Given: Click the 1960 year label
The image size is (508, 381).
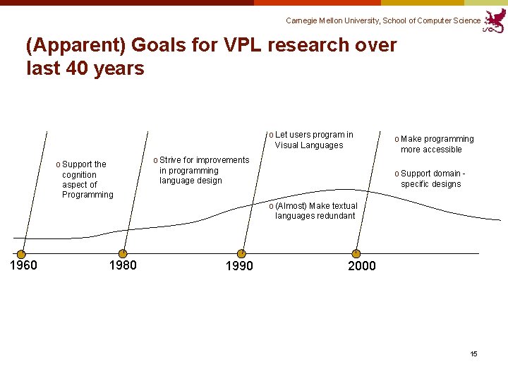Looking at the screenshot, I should pos(23,265).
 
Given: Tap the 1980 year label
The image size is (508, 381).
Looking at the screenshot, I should pos(123,265).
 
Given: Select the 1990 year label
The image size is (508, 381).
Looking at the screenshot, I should pos(238,266).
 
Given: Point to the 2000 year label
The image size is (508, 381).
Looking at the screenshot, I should pos(362,266).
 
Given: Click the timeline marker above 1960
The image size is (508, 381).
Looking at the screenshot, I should pos(21,254).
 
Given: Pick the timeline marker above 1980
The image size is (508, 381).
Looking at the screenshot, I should pos(123,253).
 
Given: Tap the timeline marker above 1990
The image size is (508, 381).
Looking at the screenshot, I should pos(241,253).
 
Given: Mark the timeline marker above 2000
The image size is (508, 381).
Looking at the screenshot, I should pos(356,253).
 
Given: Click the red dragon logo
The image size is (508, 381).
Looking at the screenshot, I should pos(495,20).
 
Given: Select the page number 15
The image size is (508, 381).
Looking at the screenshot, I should pos(474,353).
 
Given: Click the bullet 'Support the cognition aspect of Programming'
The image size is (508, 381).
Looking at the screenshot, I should pos(84,179).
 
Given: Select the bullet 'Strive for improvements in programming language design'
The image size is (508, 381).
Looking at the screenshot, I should pos(201,170).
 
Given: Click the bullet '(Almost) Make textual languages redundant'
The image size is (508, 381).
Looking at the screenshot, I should pos(313,210).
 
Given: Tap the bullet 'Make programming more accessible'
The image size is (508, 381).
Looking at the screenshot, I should pos(435,144).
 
